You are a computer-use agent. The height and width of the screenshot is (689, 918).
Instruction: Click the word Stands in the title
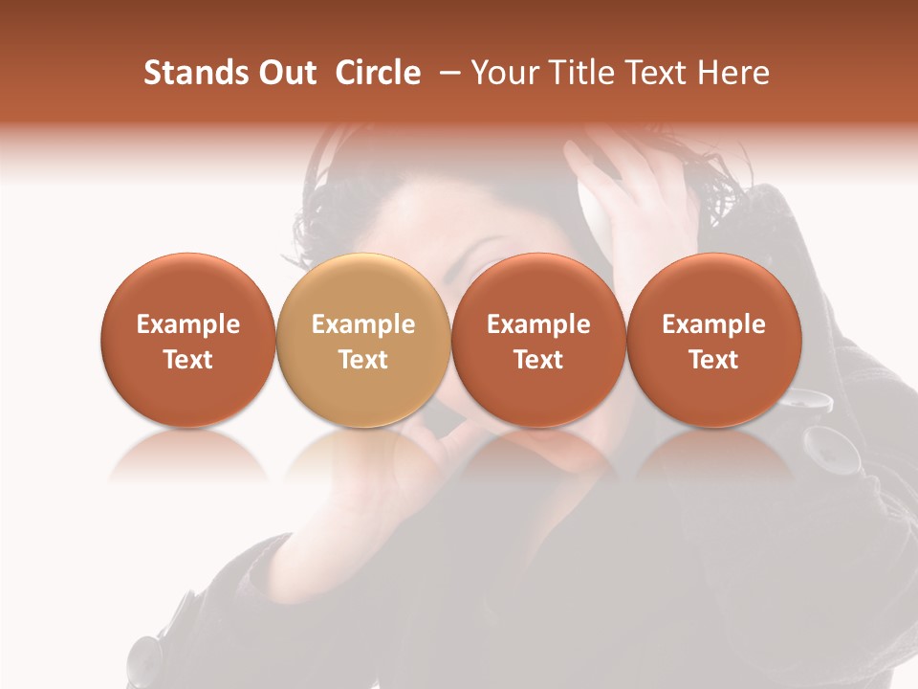[188, 73]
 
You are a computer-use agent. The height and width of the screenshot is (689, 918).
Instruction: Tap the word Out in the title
[285, 73]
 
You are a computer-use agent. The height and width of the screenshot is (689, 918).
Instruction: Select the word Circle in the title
[378, 73]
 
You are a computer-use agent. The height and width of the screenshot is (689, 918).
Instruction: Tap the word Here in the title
[733, 73]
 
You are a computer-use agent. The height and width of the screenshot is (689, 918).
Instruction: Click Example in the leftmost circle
[188, 324]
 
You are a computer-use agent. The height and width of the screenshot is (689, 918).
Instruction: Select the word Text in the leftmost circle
[188, 360]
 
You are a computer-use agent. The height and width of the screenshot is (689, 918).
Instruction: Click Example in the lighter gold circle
[363, 324]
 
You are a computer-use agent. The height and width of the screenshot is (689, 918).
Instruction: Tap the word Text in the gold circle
[363, 360]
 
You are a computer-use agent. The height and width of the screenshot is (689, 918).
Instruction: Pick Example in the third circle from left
[538, 324]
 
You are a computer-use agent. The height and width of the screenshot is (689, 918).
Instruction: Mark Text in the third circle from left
[538, 360]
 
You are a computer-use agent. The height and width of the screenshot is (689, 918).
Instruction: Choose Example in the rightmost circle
[714, 324]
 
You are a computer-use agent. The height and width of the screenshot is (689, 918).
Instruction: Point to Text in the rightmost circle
[714, 360]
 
